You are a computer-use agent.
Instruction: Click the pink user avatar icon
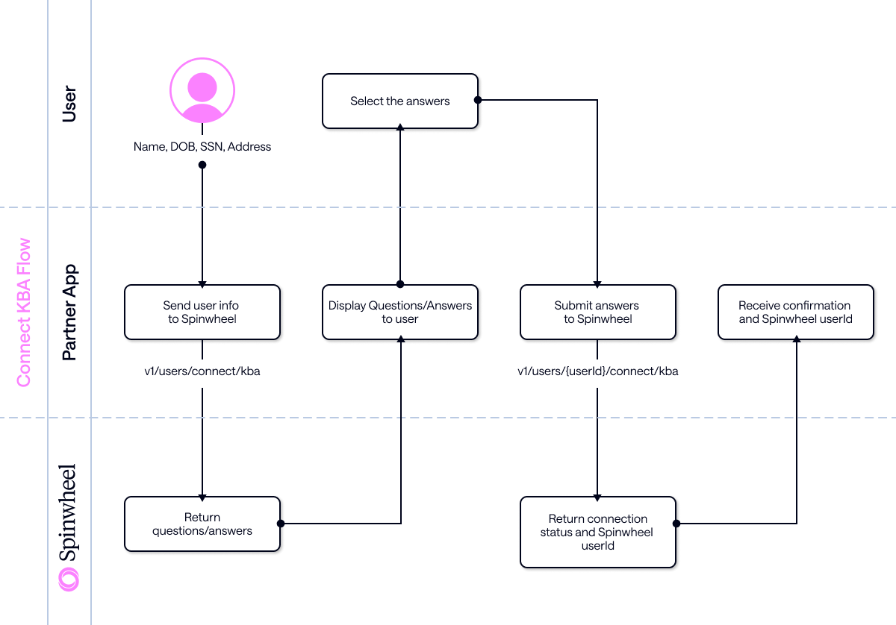[x=202, y=91]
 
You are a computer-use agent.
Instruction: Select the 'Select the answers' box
[x=399, y=101]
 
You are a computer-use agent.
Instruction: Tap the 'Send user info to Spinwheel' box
[x=202, y=312]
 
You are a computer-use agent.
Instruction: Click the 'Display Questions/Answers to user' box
[x=399, y=312]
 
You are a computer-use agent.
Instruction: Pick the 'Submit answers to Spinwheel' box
[x=597, y=312]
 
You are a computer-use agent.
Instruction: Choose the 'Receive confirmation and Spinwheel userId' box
[x=795, y=312]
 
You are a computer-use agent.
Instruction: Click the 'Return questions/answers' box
[x=202, y=524]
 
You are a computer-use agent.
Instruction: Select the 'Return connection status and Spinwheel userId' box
[x=597, y=532]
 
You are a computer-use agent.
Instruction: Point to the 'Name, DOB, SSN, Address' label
[x=202, y=147]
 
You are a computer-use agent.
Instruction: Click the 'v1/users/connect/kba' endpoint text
[x=202, y=371]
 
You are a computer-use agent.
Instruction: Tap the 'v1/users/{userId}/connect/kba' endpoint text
[x=597, y=371]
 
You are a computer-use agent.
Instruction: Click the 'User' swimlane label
[x=69, y=104]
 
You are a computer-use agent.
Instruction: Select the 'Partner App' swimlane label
[x=69, y=312]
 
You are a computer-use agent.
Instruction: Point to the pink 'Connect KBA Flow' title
[x=24, y=312]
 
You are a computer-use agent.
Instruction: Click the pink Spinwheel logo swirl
[x=69, y=579]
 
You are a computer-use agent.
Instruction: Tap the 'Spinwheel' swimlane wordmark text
[x=69, y=513]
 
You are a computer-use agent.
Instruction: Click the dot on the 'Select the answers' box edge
[x=478, y=99]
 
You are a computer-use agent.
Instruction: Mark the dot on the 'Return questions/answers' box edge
[x=280, y=524]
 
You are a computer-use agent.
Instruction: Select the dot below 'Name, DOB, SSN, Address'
[x=202, y=164]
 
